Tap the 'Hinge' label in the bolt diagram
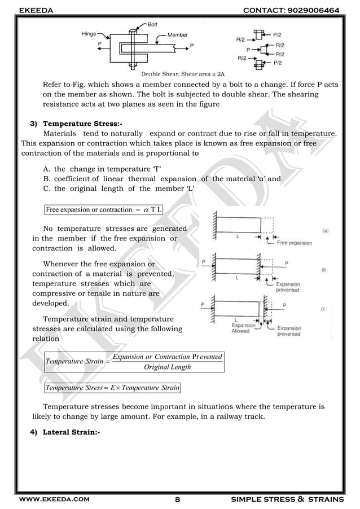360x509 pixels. [x=89, y=34]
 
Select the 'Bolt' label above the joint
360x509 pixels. [x=152, y=24]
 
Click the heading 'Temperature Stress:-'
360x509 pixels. [x=82, y=124]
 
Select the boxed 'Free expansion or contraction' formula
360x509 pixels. [x=104, y=210]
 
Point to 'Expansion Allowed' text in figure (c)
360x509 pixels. [x=244, y=328]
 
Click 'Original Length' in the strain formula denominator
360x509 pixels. [x=168, y=367]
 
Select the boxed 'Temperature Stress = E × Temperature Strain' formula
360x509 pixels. [x=112, y=388]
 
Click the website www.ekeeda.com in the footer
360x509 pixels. [x=54, y=499]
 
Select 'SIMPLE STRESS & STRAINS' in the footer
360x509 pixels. [x=295, y=499]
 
